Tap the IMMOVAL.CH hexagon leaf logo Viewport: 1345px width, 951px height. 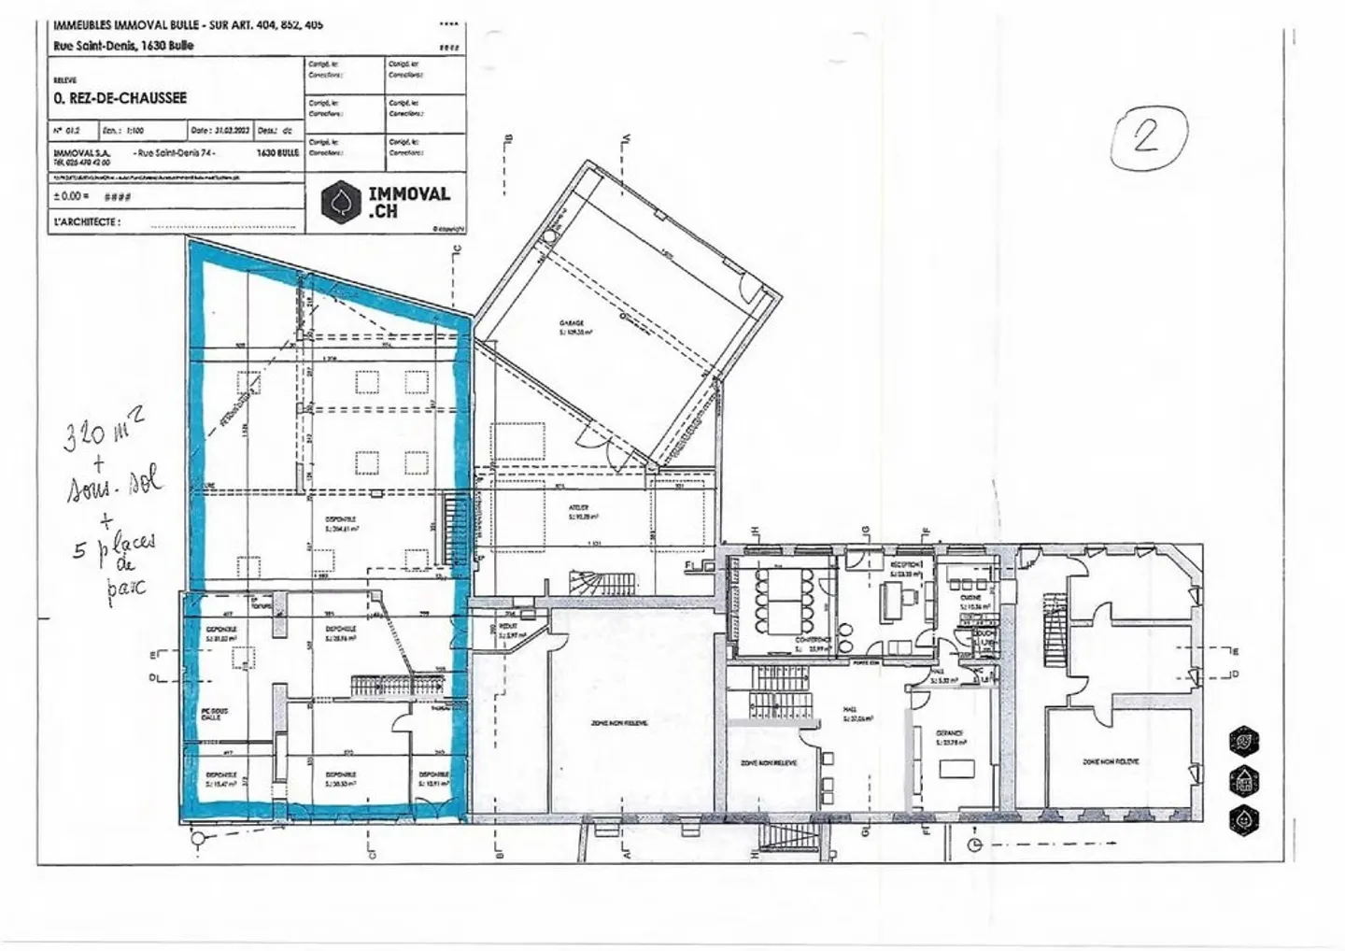(x=341, y=202)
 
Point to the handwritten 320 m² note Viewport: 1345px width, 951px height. (x=103, y=433)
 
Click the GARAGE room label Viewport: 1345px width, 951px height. (x=572, y=323)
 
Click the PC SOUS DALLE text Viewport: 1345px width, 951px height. (x=214, y=714)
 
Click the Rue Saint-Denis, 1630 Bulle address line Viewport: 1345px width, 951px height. (x=124, y=46)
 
